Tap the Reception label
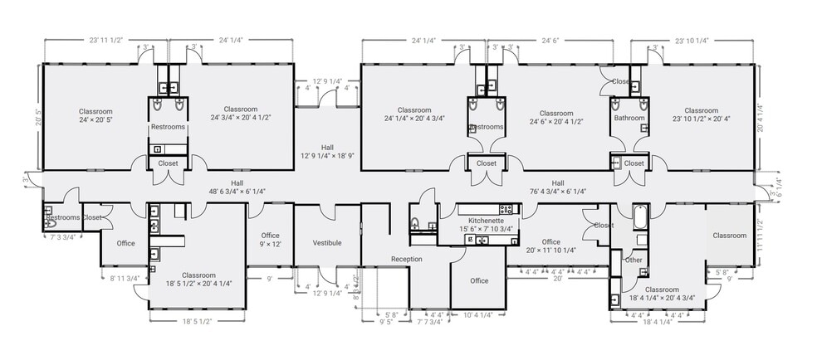point(406,259)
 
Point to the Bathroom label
point(629,118)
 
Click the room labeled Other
point(634,260)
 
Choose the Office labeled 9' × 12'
point(271,240)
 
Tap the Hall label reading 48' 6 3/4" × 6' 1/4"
point(237,187)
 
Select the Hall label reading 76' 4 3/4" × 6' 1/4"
point(557,187)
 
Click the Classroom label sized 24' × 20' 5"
point(95,114)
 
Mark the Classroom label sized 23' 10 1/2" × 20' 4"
point(701,114)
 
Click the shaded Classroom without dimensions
point(728,236)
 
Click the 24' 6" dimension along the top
point(553,40)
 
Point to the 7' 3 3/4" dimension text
point(63,237)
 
